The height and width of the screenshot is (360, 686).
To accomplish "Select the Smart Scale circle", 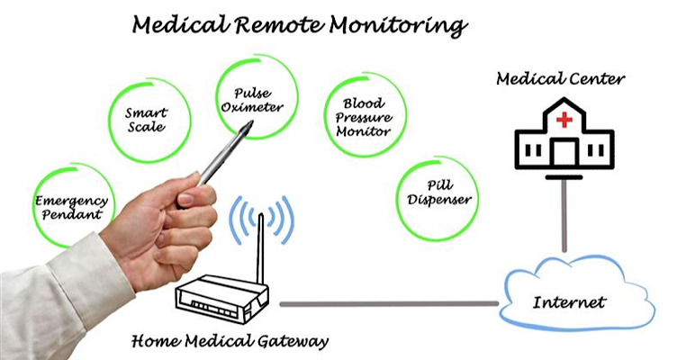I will tap(147, 121).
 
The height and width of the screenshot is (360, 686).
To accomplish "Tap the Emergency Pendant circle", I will tap(70, 208).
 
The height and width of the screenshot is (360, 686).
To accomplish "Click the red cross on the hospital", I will tap(564, 120).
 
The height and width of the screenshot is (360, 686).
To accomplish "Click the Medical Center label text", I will tap(560, 78).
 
